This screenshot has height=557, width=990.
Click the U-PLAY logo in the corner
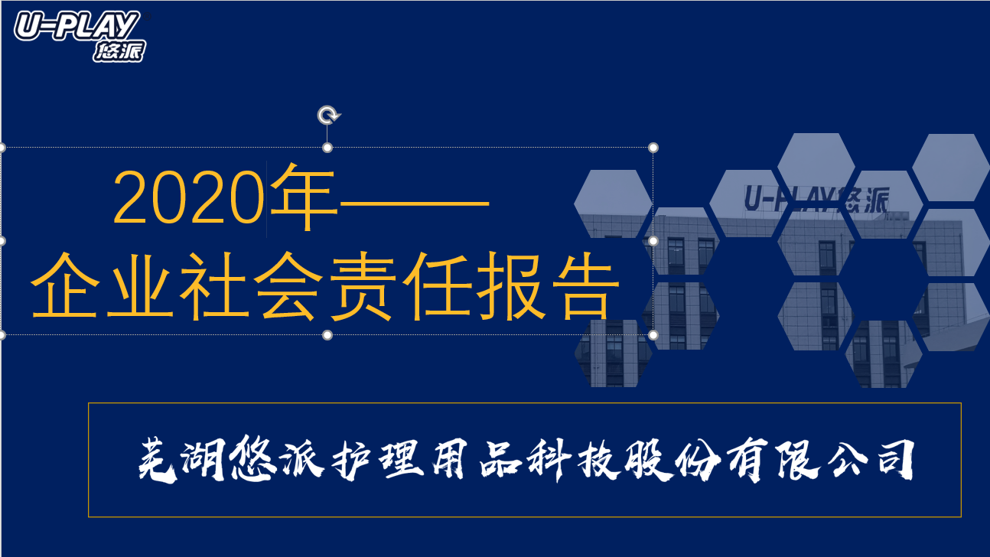[x=80, y=36]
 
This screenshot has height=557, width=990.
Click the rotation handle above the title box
[x=328, y=116]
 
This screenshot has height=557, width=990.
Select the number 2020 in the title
[x=189, y=197]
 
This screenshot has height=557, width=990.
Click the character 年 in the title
[x=303, y=197]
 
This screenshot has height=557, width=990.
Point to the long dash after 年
[x=414, y=204]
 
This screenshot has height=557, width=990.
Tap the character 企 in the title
[x=64, y=285]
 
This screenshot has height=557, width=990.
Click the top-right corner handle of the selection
[x=653, y=148]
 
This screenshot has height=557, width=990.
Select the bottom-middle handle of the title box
[x=327, y=335]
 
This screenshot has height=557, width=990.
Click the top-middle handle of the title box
[x=327, y=148]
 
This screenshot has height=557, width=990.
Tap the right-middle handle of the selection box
[x=653, y=241]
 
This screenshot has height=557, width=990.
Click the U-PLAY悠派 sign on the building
[x=817, y=199]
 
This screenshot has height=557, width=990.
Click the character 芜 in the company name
[x=158, y=460]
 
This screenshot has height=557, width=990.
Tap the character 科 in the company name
[x=549, y=460]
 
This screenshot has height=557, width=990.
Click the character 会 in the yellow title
[x=288, y=286]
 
